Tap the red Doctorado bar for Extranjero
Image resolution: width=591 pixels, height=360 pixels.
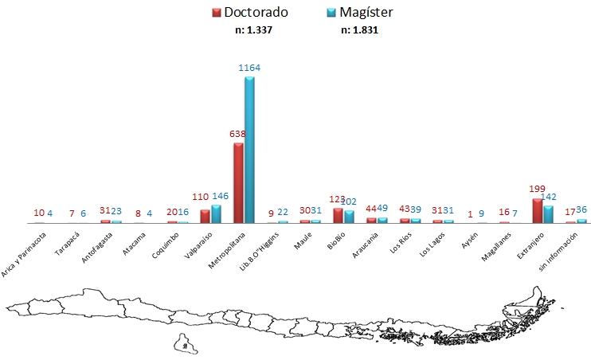537,210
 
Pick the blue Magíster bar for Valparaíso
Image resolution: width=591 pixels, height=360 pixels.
216,213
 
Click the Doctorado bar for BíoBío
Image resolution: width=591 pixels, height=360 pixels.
338,215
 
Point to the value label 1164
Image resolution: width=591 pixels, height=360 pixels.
249,68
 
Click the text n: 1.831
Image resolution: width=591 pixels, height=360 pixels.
361,30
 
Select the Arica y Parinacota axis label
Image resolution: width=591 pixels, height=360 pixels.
24,252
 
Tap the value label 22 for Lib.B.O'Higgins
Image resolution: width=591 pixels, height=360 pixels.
282,213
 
